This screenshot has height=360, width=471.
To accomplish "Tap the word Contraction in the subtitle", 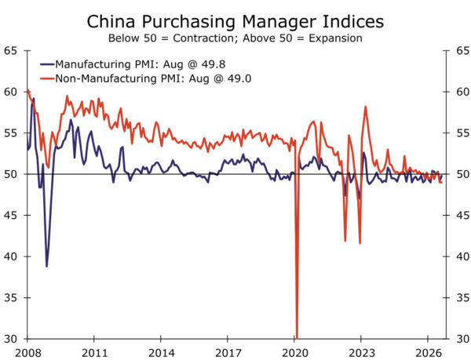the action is tap(201, 38).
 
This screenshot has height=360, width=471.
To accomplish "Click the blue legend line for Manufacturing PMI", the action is tap(47, 64).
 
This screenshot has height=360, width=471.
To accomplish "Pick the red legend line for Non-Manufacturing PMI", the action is tap(47, 78).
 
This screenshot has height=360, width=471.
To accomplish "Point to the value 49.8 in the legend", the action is tap(214, 64).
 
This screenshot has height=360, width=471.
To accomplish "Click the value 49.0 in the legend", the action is tap(239, 78).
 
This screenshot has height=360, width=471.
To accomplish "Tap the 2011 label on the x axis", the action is tap(94, 353).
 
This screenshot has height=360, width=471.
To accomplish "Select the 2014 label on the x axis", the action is tap(161, 353).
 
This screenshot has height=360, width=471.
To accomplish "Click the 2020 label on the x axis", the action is tap(295, 353).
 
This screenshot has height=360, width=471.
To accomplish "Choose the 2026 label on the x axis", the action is tap(428, 353).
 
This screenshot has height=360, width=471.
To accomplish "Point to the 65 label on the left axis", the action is tap(10, 51).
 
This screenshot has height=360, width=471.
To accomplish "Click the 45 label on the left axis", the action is tap(10, 215).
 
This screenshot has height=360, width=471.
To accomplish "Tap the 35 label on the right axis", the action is tap(462, 297).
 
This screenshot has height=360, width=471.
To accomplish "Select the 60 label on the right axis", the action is tap(462, 92).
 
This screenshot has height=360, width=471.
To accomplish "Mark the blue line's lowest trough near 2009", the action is tap(46, 267).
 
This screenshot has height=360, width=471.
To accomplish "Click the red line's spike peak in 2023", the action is tap(366, 107).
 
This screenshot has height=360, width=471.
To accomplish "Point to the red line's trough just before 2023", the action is tap(360, 243).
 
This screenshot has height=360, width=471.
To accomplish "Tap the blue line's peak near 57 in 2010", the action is tap(71, 120).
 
